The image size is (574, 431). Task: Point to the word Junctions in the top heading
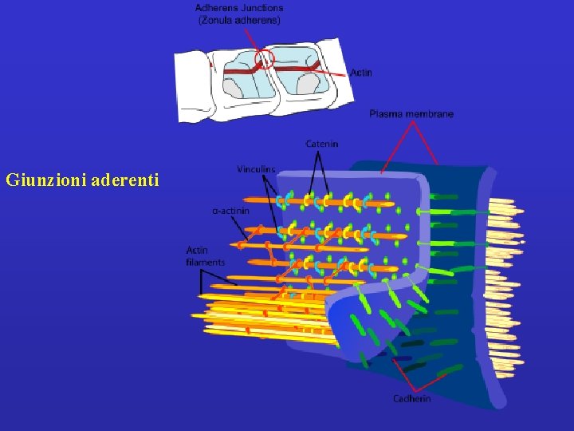[262, 8]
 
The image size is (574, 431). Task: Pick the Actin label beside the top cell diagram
[360, 73]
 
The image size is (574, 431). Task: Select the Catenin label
[321, 144]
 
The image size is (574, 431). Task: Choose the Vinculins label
[256, 169]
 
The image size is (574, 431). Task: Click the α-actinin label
[231, 211]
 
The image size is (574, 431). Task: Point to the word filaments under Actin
[205, 262]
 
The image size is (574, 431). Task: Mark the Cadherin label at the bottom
[411, 398]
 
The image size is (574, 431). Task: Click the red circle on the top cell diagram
[265, 58]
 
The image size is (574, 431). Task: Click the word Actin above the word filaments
[197, 251]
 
